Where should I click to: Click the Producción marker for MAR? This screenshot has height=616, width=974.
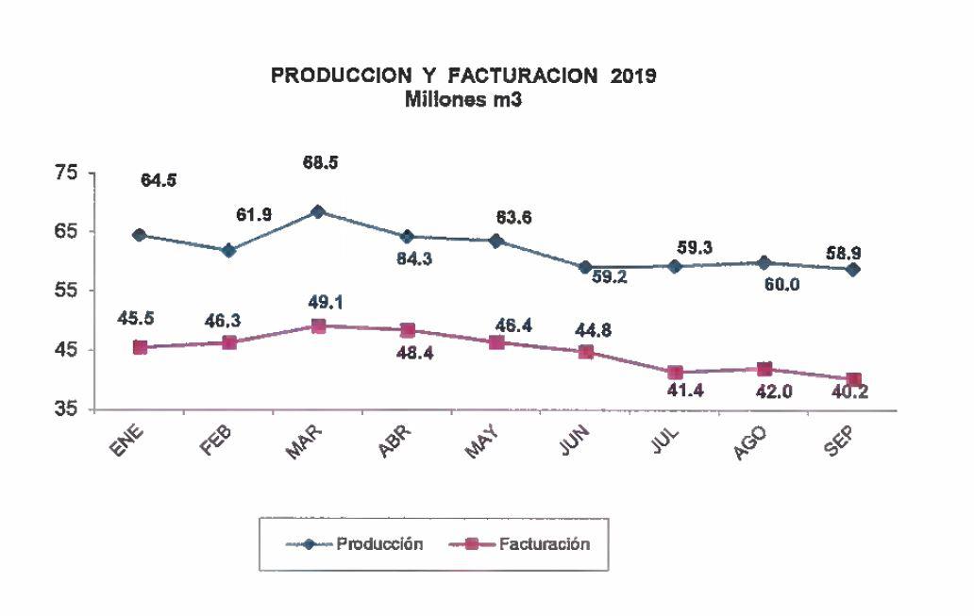pyautogui.click(x=319, y=212)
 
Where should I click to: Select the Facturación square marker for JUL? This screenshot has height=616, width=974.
pyautogui.click(x=675, y=373)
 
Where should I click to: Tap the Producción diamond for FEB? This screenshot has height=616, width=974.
pyautogui.click(x=229, y=251)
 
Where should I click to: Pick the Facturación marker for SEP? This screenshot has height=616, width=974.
pyautogui.click(x=853, y=380)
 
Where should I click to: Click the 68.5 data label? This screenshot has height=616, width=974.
pyautogui.click(x=319, y=163)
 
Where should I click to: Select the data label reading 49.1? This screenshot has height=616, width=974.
pyautogui.click(x=319, y=304)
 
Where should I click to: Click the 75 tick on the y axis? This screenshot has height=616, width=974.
pyautogui.click(x=65, y=173)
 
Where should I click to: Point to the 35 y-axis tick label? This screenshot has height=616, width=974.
pyautogui.click(x=65, y=410)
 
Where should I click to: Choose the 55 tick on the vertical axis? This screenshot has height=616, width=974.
pyautogui.click(x=65, y=291)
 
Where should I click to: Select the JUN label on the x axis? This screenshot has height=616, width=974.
pyautogui.click(x=574, y=440)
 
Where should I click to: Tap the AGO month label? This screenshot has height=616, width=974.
pyautogui.click(x=751, y=441)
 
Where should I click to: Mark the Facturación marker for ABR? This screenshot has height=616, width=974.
pyautogui.click(x=408, y=330)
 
